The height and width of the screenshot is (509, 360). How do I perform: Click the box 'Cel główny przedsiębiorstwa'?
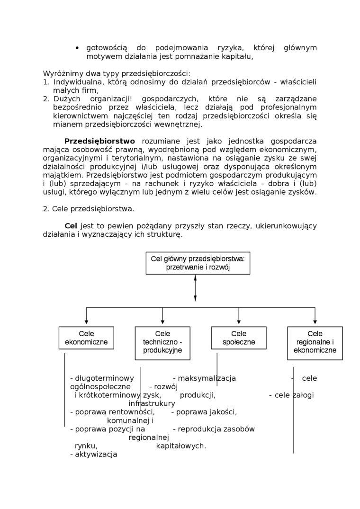[198, 263]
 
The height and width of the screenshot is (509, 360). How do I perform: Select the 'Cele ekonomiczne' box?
[86, 338]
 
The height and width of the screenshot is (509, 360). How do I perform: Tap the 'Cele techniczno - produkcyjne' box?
[162, 342]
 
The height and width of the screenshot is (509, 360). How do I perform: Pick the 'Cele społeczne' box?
[239, 338]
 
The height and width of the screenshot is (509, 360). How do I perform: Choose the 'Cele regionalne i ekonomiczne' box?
[315, 342]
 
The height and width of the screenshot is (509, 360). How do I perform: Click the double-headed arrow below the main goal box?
[195, 287]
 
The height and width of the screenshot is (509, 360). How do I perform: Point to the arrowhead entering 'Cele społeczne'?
[239, 322]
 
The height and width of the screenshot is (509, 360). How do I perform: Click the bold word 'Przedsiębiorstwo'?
[99, 141]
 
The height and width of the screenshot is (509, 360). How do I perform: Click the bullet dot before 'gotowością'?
[77, 48]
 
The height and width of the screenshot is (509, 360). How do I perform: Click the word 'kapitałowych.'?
[181, 446]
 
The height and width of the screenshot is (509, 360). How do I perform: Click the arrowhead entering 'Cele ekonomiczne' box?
[86, 322]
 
